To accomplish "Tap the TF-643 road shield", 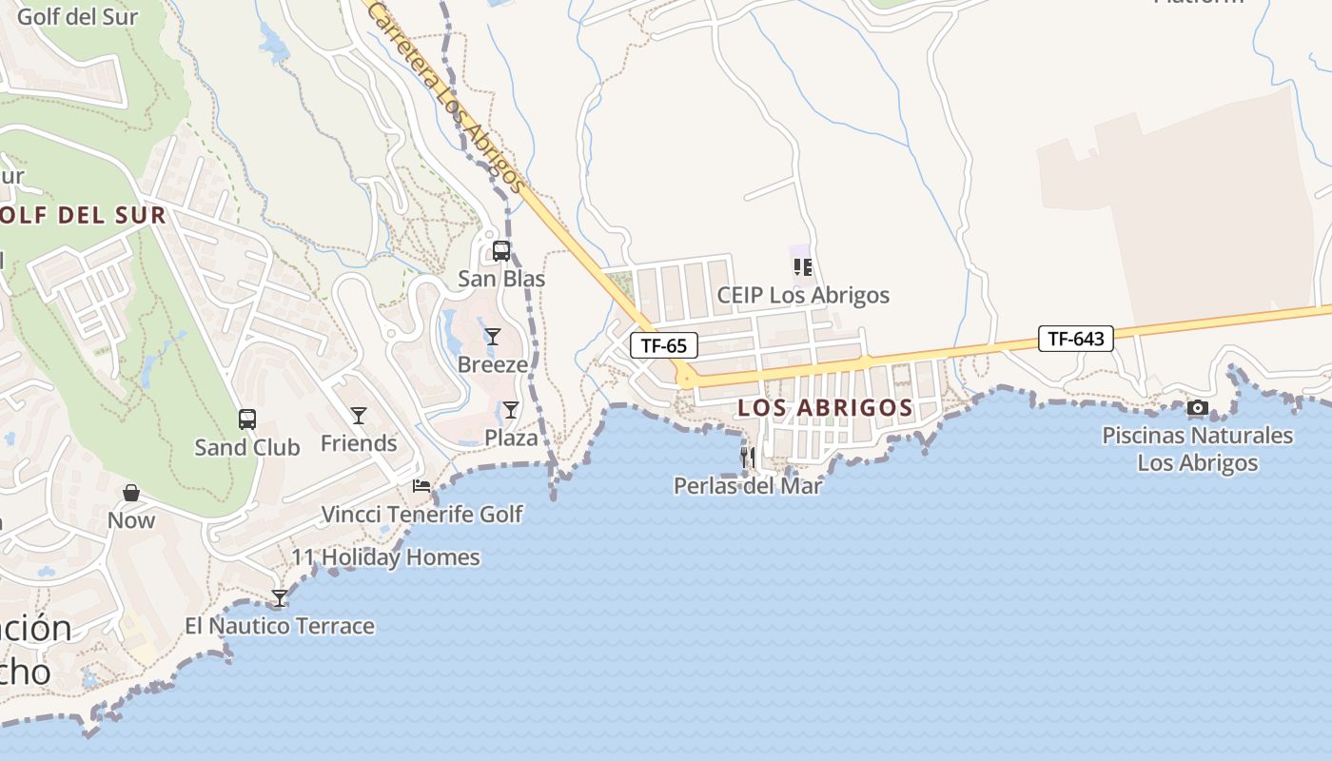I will (1076, 338).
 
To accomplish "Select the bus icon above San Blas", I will (501, 252).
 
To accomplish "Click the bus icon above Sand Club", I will (247, 420).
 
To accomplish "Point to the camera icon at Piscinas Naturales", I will (1198, 408).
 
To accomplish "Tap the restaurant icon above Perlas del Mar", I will (748, 458).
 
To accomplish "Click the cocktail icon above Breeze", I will (492, 336).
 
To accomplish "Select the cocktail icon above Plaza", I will (511, 410).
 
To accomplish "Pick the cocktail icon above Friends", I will (359, 415).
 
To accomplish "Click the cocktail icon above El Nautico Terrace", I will (279, 598).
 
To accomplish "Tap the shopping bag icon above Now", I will (131, 493).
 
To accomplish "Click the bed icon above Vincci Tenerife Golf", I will (421, 486).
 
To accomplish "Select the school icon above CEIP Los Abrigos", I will (802, 267).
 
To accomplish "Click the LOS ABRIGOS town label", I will (825, 408).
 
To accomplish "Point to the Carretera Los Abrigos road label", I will (444, 95).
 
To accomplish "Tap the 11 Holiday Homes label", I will (385, 557).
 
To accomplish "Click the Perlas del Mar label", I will (748, 485).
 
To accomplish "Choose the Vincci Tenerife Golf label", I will (421, 515).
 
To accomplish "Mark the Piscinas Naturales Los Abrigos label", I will (1198, 449).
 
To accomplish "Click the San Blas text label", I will (501, 279).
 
